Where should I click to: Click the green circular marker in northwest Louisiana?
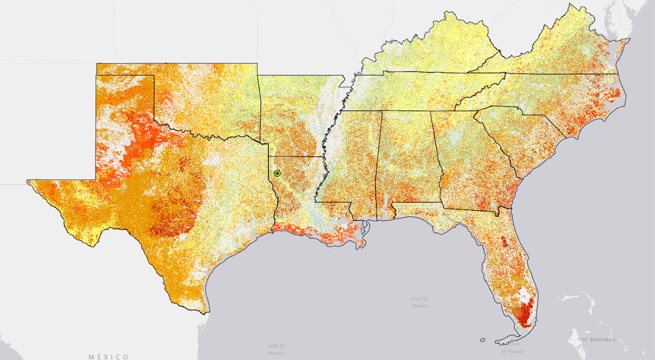coord(277,173)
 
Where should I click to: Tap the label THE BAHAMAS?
coord(596,340)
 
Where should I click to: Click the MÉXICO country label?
coord(108,356)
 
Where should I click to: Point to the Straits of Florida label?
coord(512,348)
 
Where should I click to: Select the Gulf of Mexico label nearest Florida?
coord(419,302)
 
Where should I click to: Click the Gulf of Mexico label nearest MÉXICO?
coord(276,349)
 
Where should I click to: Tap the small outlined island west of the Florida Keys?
coord(483,339)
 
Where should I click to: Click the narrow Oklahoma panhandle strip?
coord(125,69)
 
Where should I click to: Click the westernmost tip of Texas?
coord(28,180)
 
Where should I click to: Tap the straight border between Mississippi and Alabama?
coord(379,164)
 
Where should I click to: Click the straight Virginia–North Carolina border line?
coord(553,74)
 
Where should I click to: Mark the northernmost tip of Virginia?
coord(570,5)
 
